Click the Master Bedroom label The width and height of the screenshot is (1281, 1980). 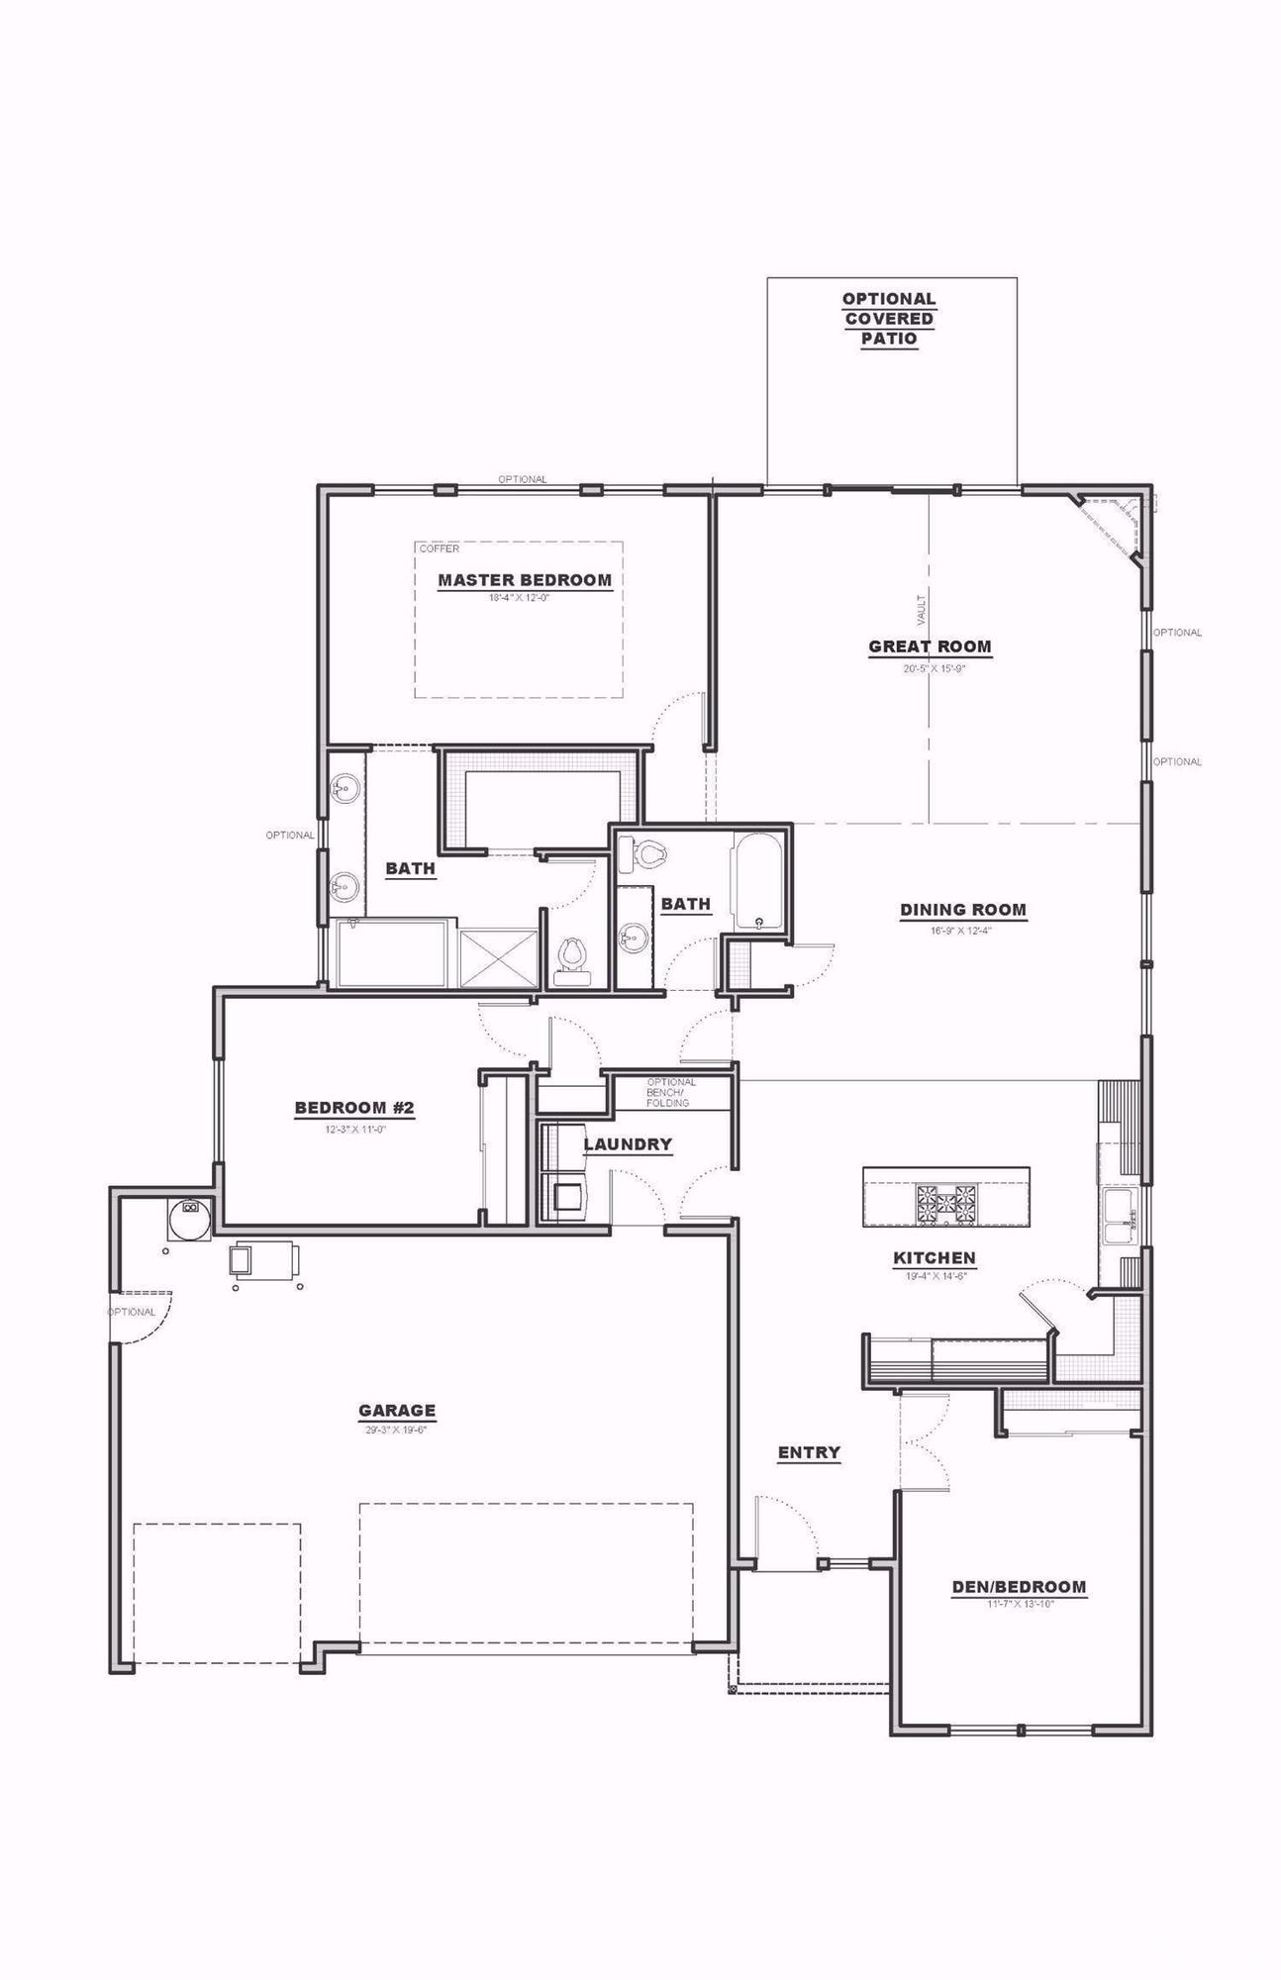tap(525, 580)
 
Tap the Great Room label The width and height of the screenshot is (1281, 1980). tap(930, 646)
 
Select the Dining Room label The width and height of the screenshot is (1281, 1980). tap(962, 909)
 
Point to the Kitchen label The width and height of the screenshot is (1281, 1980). tap(935, 1257)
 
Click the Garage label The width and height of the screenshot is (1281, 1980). tap(397, 1410)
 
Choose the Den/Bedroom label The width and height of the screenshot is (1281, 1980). tap(1019, 1586)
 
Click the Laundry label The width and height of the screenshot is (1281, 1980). tap(628, 1144)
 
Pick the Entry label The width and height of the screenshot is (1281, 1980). tap(809, 1452)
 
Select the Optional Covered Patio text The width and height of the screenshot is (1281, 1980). tap(889, 318)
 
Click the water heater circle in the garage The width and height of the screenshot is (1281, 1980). tap(187, 1219)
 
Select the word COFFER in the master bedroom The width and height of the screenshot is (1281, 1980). tap(440, 548)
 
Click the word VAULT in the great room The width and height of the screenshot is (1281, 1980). tap(922, 609)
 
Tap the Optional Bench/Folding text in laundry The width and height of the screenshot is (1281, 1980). tap(671, 1092)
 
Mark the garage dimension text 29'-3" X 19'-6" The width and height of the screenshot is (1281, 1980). tap(396, 1430)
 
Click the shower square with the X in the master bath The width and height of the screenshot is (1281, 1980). tap(500, 957)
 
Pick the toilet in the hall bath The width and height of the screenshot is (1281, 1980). tap(648, 853)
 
